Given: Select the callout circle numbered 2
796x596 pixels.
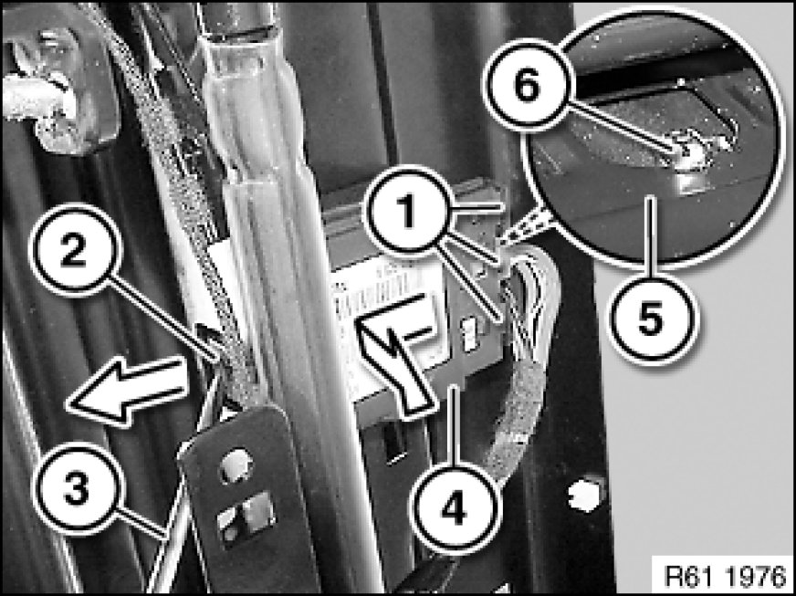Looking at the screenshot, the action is click(x=75, y=250).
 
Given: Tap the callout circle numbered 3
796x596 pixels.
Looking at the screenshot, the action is click(x=78, y=489).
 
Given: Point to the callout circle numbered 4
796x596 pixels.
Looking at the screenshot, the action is click(x=454, y=507).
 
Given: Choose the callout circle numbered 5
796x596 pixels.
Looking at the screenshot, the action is click(x=652, y=319).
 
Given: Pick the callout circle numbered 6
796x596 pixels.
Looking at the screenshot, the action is click(x=528, y=85).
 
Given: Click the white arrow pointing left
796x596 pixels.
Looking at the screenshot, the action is click(x=127, y=389).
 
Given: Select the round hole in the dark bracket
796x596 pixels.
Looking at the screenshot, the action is click(x=236, y=465).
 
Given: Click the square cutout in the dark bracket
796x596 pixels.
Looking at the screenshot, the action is click(x=247, y=518).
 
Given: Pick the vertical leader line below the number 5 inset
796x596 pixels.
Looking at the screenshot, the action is click(x=652, y=235).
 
